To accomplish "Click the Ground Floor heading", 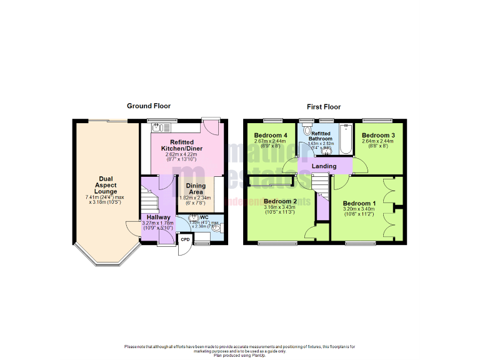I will tap(149, 106).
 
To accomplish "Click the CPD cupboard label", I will tap(185, 239).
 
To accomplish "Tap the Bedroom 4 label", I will tap(271, 135).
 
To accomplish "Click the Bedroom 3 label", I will tap(378, 135).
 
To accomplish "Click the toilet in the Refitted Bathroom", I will tap(306, 131).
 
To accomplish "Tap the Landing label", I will tap(324, 166).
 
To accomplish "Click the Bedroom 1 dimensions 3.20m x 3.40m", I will tap(359, 209).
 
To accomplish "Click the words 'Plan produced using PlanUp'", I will tap(240, 355).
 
